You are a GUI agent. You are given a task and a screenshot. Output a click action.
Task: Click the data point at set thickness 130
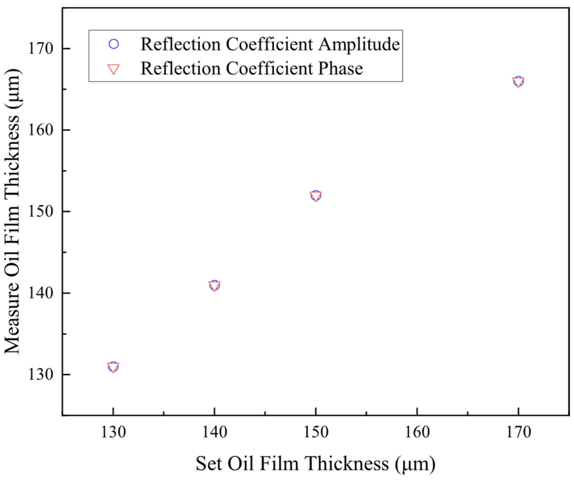pyautogui.click(x=113, y=367)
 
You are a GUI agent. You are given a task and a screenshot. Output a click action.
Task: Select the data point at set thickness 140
pyautogui.click(x=214, y=285)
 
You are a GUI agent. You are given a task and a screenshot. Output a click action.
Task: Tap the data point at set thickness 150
pyautogui.click(x=316, y=196)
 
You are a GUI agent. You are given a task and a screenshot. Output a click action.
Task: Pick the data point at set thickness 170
pyautogui.click(x=518, y=81)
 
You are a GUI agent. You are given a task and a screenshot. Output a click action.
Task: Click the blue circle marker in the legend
pyautogui.click(x=114, y=44)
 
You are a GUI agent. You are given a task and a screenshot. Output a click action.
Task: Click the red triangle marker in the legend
pyautogui.click(x=114, y=69)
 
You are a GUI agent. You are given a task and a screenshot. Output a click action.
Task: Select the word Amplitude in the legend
pyautogui.click(x=359, y=44)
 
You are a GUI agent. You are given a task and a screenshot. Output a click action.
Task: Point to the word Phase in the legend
pyautogui.click(x=340, y=69)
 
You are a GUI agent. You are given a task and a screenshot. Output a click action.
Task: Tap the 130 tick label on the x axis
pyautogui.click(x=113, y=433)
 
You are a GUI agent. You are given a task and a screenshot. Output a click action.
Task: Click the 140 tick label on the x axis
pyautogui.click(x=215, y=433)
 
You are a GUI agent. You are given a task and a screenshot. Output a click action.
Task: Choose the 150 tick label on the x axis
pyautogui.click(x=316, y=433)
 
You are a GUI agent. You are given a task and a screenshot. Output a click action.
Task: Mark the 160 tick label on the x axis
pyautogui.click(x=417, y=433)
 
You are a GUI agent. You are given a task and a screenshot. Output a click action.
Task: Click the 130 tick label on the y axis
pyautogui.click(x=40, y=374)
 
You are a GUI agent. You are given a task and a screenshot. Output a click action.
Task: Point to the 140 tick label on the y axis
pyautogui.click(x=40, y=293)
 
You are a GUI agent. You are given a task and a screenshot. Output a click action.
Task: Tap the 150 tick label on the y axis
pyautogui.click(x=40, y=211)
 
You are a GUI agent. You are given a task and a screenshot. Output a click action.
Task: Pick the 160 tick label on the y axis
pyautogui.click(x=40, y=130)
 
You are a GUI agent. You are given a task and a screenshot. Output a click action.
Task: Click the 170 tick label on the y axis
pyautogui.click(x=40, y=49)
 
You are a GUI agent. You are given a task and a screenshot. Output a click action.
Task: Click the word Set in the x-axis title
pyautogui.click(x=208, y=464)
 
